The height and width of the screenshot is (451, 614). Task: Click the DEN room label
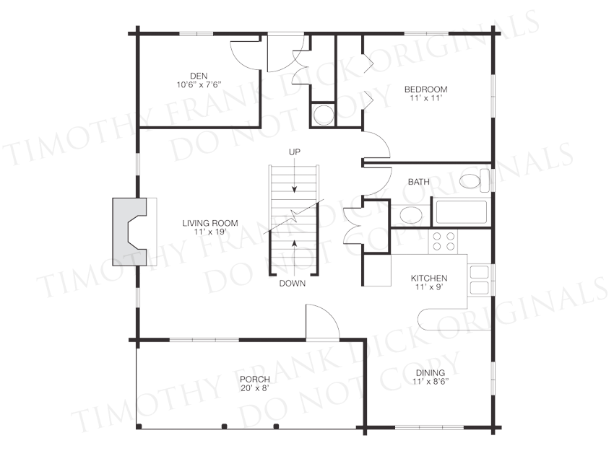(x=199, y=76)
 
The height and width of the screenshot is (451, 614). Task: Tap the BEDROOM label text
(x=426, y=89)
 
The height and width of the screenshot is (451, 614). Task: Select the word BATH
(x=418, y=182)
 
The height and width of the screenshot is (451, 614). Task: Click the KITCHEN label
(x=429, y=278)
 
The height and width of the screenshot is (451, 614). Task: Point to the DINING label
(x=431, y=373)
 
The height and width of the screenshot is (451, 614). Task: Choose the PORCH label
(x=255, y=379)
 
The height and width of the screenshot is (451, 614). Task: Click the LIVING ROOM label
(x=210, y=223)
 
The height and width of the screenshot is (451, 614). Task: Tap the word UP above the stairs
(x=295, y=152)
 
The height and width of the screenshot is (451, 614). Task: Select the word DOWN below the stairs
(x=293, y=284)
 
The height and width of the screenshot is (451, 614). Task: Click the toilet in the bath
(x=475, y=180)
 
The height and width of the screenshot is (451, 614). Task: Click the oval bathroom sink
(x=411, y=215)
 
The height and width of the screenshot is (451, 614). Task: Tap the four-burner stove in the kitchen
(x=444, y=241)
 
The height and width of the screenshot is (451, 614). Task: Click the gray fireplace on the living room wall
(x=129, y=232)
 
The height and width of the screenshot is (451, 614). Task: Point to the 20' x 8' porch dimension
(x=255, y=388)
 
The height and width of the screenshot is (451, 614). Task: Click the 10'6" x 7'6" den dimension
(x=199, y=84)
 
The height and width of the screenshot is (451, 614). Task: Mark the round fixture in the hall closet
(x=324, y=115)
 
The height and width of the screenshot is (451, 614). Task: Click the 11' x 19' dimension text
(x=210, y=232)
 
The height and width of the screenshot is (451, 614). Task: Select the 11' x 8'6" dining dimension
(x=431, y=382)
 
